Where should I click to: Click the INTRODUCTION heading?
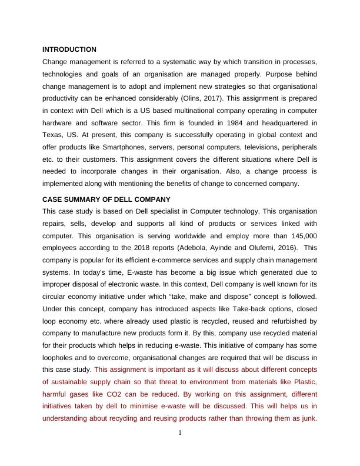tap(69, 49)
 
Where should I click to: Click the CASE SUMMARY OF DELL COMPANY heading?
tap(106, 199)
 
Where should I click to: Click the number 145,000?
tap(302, 235)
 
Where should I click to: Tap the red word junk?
tap(308, 419)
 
